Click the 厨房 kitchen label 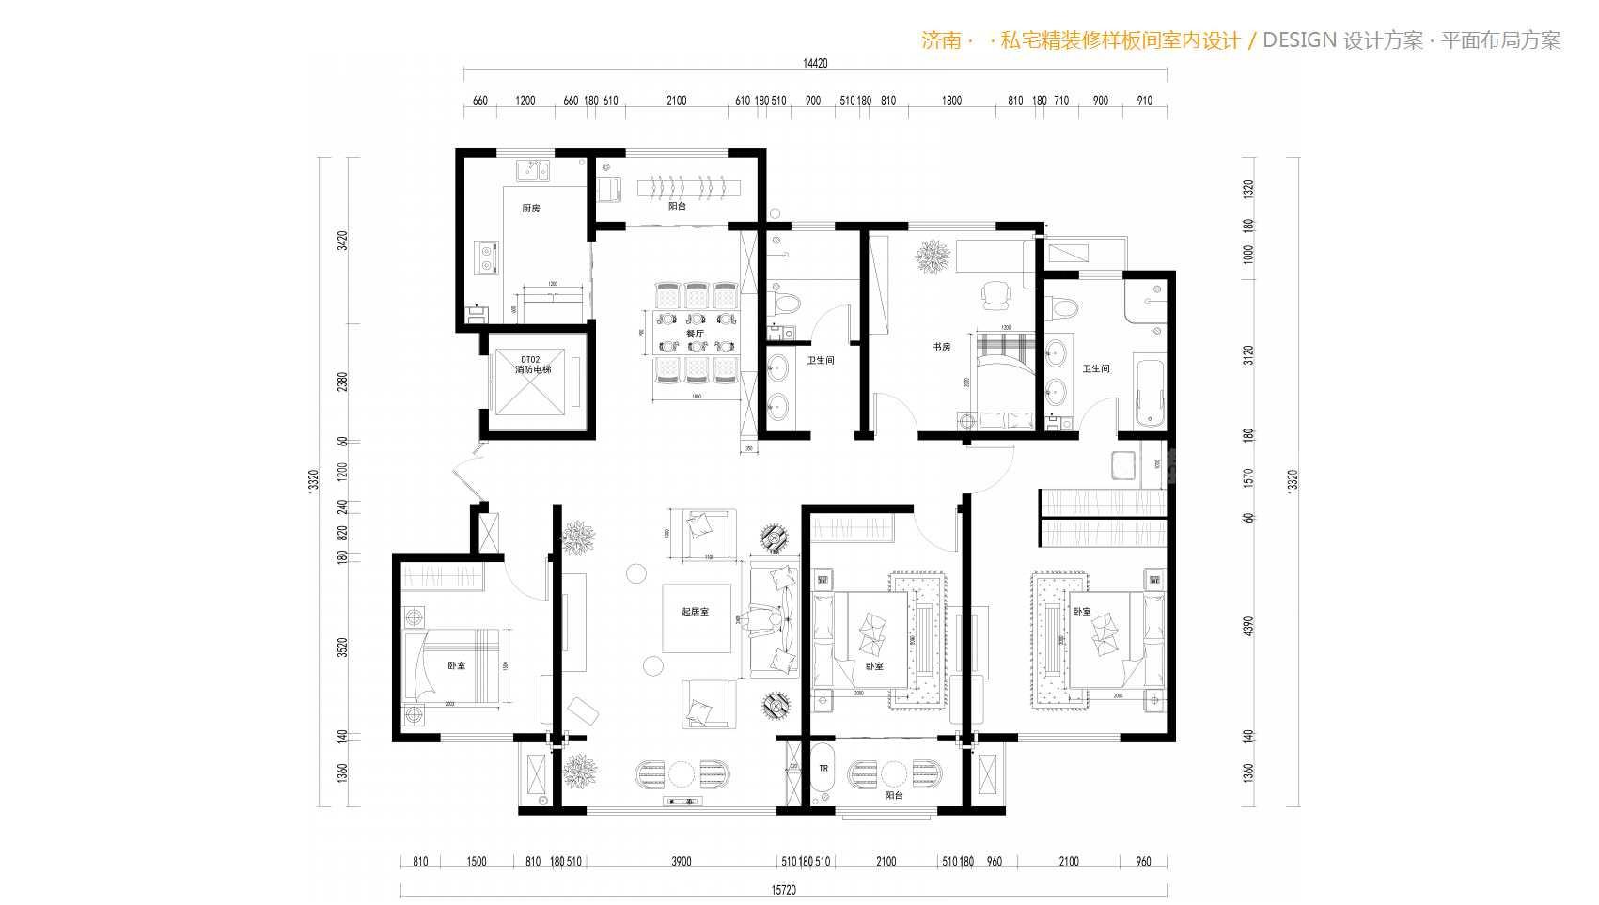tap(531, 208)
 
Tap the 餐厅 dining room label tap(695, 334)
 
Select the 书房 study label tap(941, 347)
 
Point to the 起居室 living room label tap(695, 612)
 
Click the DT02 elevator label tap(531, 359)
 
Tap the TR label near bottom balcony tap(823, 769)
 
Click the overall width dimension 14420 tap(815, 64)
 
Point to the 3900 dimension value tap(682, 861)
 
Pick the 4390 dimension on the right tap(1248, 626)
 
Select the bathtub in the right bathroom tap(1151, 391)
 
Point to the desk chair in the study tap(994, 295)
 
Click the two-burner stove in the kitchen tap(489, 257)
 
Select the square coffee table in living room tap(698, 618)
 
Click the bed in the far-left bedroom tap(455, 666)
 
